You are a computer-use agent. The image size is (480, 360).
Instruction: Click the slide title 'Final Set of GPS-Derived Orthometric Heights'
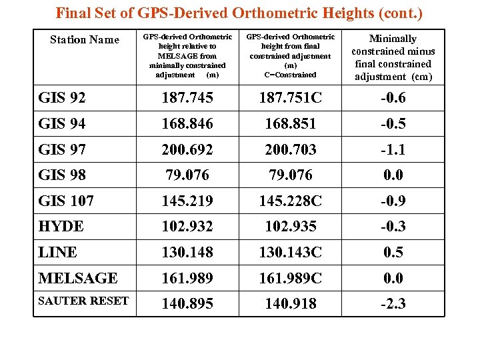pyautogui.click(x=239, y=13)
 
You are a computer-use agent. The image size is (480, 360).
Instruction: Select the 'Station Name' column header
pyautogui.click(x=85, y=40)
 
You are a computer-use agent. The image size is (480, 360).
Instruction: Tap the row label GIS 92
pyautogui.click(x=62, y=98)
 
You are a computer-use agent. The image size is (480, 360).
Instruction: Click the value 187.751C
pyautogui.click(x=290, y=98)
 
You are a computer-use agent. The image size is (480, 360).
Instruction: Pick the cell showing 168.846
pyautogui.click(x=187, y=124)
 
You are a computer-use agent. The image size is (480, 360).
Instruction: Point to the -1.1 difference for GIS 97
pyautogui.click(x=393, y=150)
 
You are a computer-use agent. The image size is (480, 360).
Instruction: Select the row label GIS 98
pyautogui.click(x=62, y=175)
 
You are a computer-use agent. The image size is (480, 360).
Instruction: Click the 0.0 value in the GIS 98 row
pyautogui.click(x=393, y=175)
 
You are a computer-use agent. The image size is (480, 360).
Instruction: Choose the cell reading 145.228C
pyautogui.click(x=290, y=201)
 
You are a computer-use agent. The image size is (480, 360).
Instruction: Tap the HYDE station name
pyautogui.click(x=61, y=227)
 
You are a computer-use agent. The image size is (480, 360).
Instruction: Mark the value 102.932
pyautogui.click(x=187, y=227)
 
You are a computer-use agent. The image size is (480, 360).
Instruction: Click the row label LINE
pyautogui.click(x=58, y=253)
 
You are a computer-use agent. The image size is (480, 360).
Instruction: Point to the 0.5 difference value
pyautogui.click(x=393, y=253)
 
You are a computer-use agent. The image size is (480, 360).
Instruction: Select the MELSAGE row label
pyautogui.click(x=78, y=278)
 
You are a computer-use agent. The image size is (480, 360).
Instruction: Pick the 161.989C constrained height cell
pyautogui.click(x=290, y=278)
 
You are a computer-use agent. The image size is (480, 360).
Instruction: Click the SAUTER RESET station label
pyautogui.click(x=83, y=301)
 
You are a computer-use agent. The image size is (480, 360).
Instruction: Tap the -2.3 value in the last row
pyautogui.click(x=393, y=304)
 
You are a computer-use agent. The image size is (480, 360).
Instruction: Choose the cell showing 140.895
pyautogui.click(x=187, y=304)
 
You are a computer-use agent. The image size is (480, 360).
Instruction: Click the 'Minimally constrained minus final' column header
pyautogui.click(x=393, y=57)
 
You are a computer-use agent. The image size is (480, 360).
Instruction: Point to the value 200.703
pyautogui.click(x=290, y=150)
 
